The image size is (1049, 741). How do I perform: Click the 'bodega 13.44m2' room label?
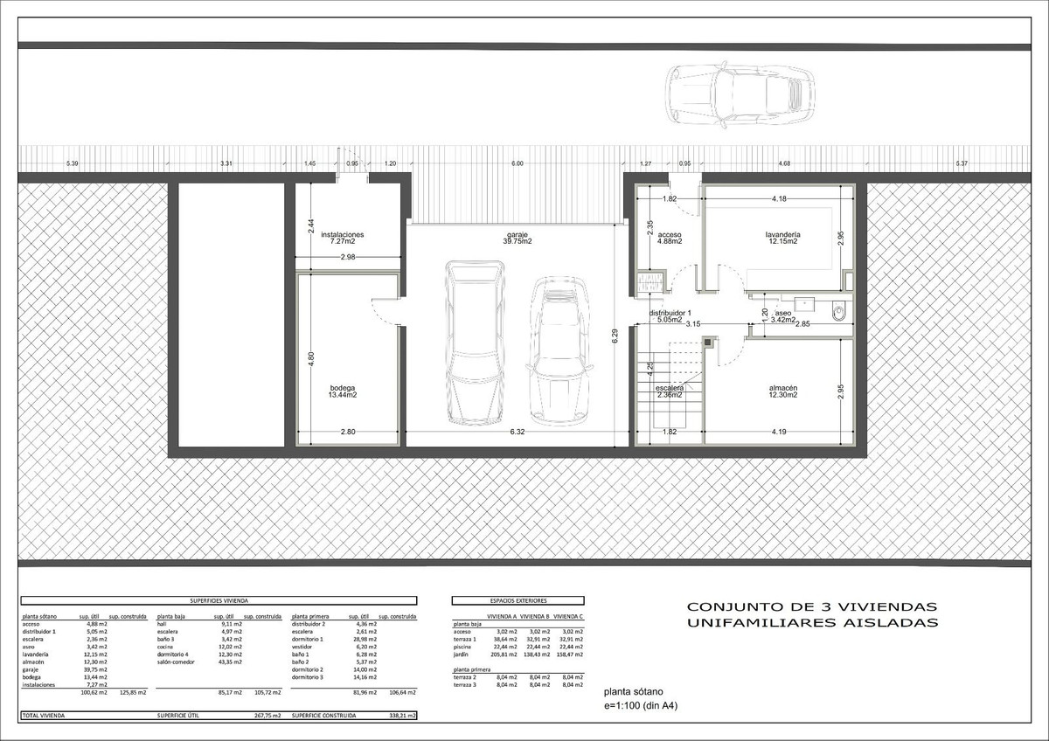[x=343, y=391]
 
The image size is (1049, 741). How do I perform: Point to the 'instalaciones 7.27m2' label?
[x=342, y=239]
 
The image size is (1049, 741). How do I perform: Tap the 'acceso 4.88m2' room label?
[x=670, y=239]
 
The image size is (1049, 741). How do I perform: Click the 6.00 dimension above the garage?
[x=518, y=164]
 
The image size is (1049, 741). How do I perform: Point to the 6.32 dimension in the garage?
[x=517, y=432]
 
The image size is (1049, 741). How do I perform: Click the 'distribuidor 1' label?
[x=670, y=313]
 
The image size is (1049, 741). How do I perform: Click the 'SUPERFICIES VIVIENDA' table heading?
[x=219, y=601]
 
